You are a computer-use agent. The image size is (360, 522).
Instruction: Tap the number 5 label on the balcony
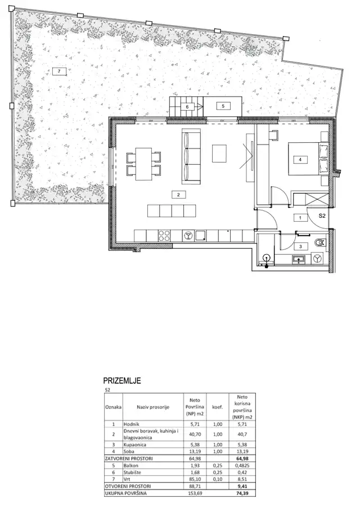pos(223,105)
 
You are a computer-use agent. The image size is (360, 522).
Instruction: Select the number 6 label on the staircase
pos(187,106)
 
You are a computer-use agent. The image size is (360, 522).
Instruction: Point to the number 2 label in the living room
pos(178,195)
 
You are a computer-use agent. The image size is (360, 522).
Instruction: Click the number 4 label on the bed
pos(300,160)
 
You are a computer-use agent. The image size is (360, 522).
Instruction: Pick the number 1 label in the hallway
pos(300,217)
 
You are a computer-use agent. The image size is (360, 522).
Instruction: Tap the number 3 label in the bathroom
pos(300,246)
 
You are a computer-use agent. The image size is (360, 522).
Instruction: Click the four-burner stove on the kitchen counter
pos(164,235)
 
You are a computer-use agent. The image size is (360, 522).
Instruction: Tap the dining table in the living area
pos(142,164)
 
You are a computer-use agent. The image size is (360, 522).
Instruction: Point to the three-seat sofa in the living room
pos(191,156)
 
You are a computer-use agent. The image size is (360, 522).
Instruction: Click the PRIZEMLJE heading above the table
pos(121,381)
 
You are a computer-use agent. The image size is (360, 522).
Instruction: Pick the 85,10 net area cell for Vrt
pos(193,479)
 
